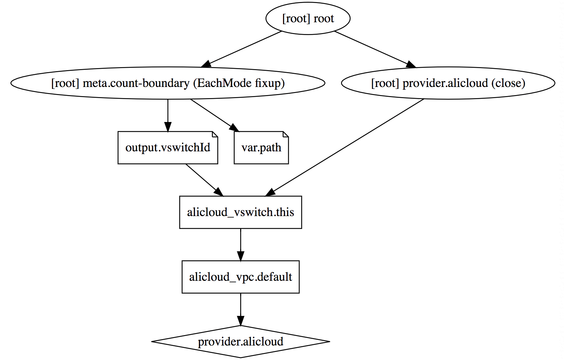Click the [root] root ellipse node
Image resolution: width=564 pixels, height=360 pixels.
(x=308, y=18)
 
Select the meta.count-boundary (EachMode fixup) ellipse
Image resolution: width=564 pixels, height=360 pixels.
(x=168, y=83)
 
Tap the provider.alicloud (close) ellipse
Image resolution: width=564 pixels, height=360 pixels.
(x=448, y=83)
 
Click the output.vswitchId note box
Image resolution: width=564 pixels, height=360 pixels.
(x=168, y=148)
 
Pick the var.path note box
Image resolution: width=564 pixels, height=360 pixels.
(x=261, y=148)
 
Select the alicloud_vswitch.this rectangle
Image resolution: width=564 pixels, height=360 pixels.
(x=241, y=212)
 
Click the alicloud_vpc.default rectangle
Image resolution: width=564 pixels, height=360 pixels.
(x=241, y=277)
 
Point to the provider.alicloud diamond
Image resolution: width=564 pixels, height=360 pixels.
(x=241, y=342)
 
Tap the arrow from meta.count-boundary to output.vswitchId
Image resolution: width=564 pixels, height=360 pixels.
(x=168, y=115)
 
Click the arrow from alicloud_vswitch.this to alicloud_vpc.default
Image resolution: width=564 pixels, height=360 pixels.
(x=241, y=244)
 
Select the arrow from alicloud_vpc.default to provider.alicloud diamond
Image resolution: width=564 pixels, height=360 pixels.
(x=241, y=309)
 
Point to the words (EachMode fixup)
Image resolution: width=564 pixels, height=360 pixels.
(x=239, y=83)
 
